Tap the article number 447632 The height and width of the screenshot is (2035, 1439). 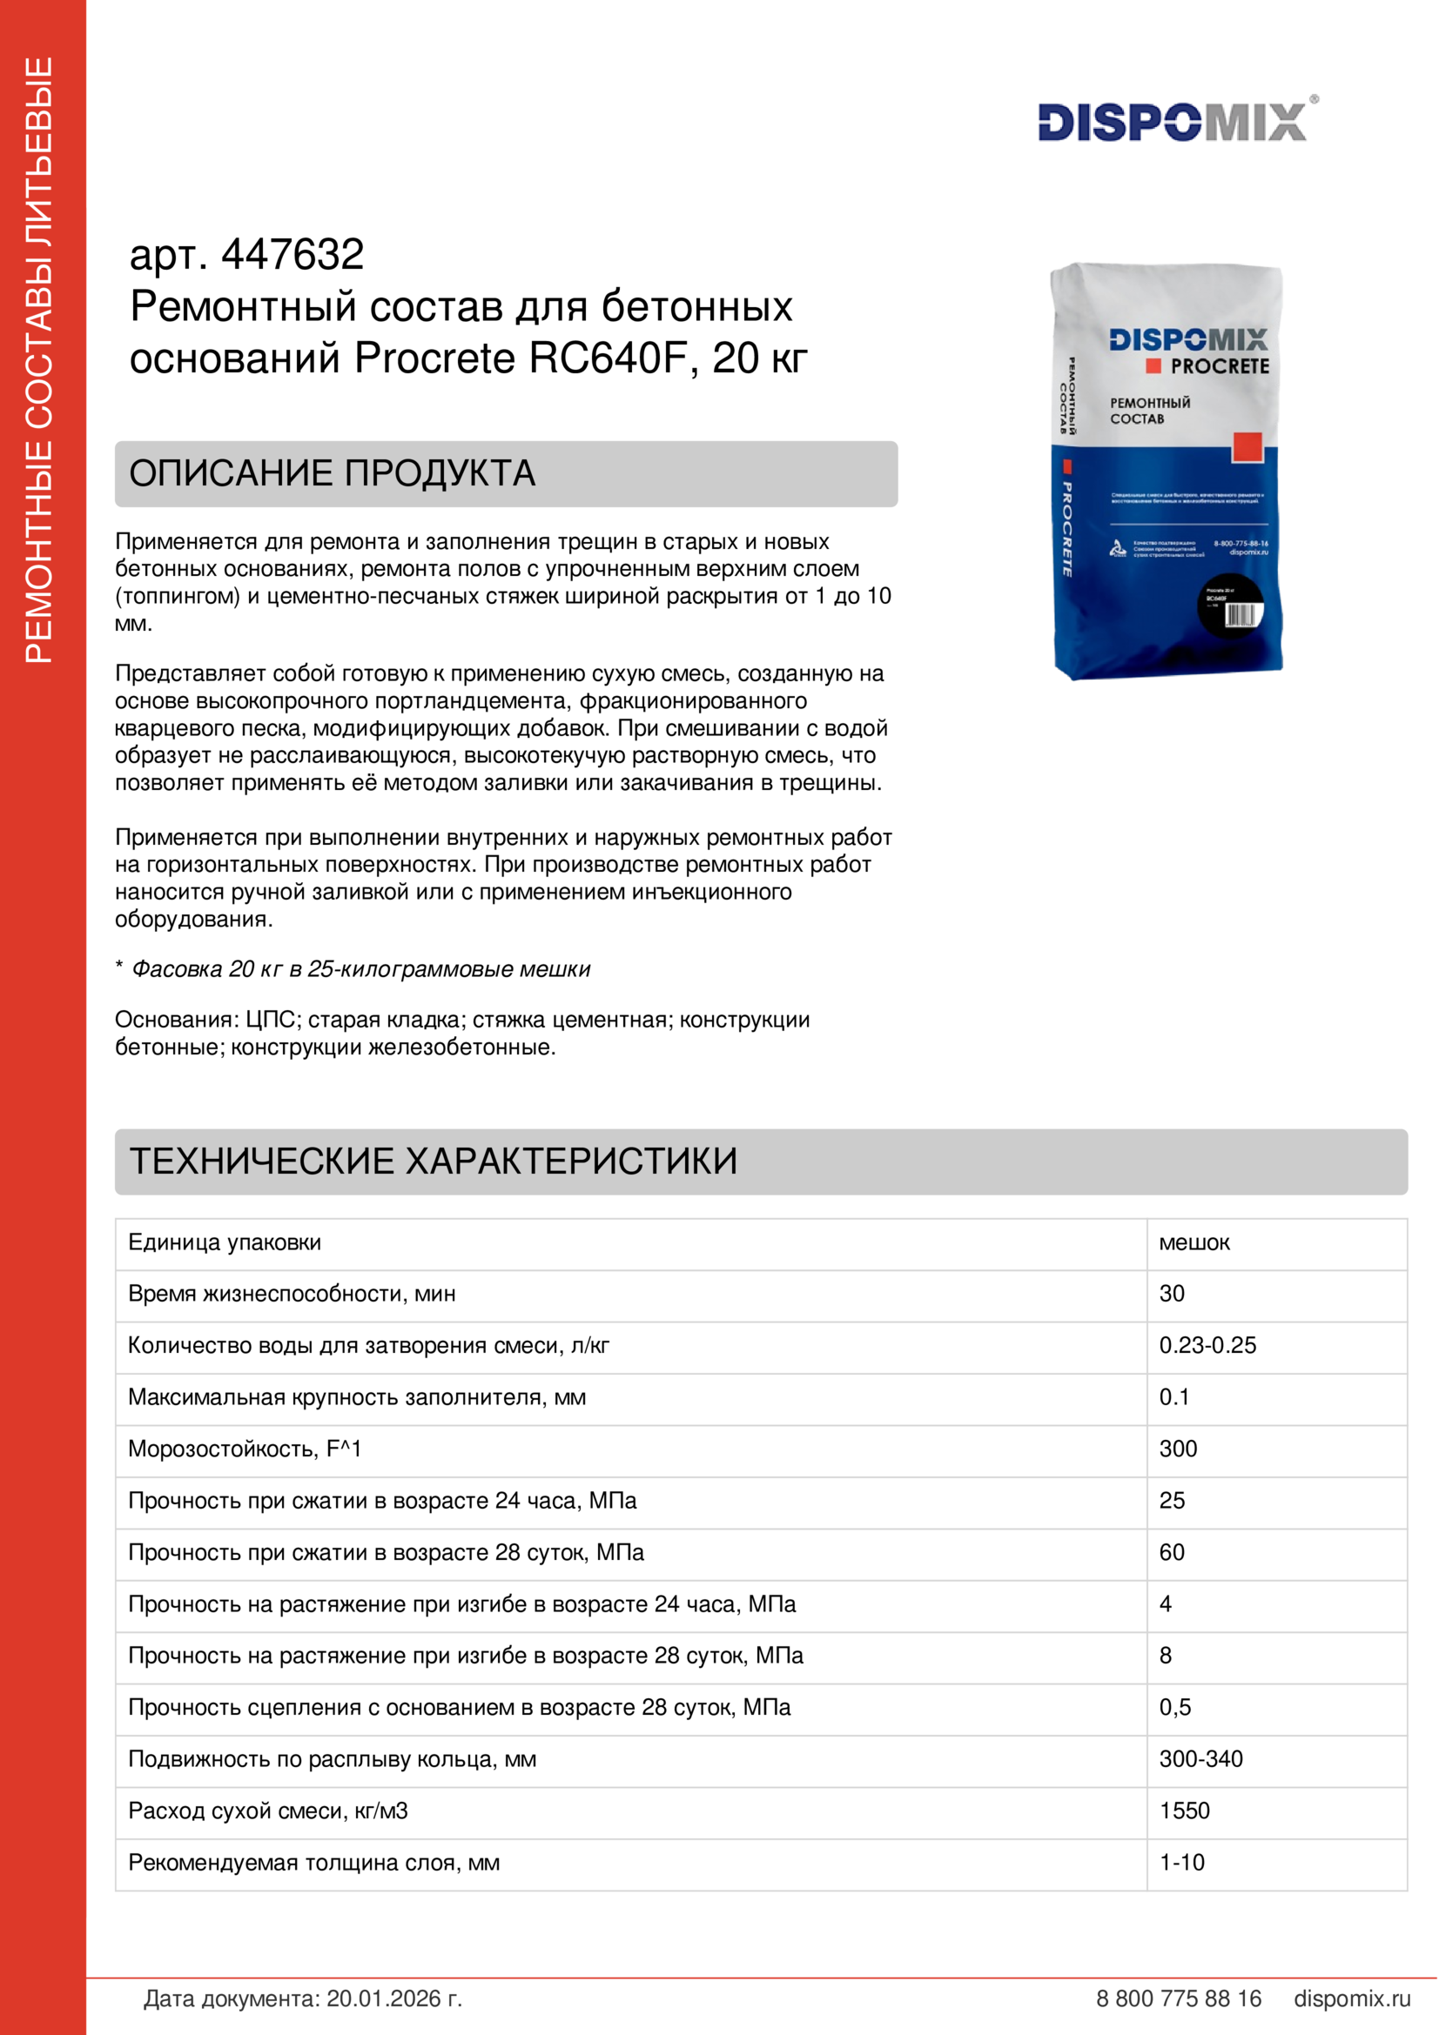(292, 255)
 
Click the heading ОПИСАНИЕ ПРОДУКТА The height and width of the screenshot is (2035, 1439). (333, 473)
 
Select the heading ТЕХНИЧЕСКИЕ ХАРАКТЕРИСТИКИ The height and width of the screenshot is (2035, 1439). (434, 1161)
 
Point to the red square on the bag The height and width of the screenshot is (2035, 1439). (1246, 446)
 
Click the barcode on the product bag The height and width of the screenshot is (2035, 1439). (1241, 615)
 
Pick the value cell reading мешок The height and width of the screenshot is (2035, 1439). (1194, 1242)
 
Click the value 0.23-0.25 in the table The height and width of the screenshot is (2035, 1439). (1207, 1345)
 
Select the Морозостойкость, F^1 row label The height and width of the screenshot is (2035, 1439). (245, 1449)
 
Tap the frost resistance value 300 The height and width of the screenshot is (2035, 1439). (1179, 1449)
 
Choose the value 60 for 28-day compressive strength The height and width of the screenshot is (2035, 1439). (1171, 1552)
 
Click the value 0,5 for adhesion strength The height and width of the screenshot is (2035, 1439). (1174, 1707)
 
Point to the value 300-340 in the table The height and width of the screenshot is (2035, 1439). (1200, 1758)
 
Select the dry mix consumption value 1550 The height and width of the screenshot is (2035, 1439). (1185, 1811)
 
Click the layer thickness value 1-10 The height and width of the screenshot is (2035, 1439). (1182, 1862)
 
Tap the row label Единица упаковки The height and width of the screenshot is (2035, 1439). (225, 1242)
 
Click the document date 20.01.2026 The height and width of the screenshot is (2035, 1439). (393, 1998)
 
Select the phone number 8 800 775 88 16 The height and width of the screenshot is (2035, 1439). (1179, 1998)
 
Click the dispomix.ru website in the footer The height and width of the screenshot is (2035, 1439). (1351, 1998)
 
